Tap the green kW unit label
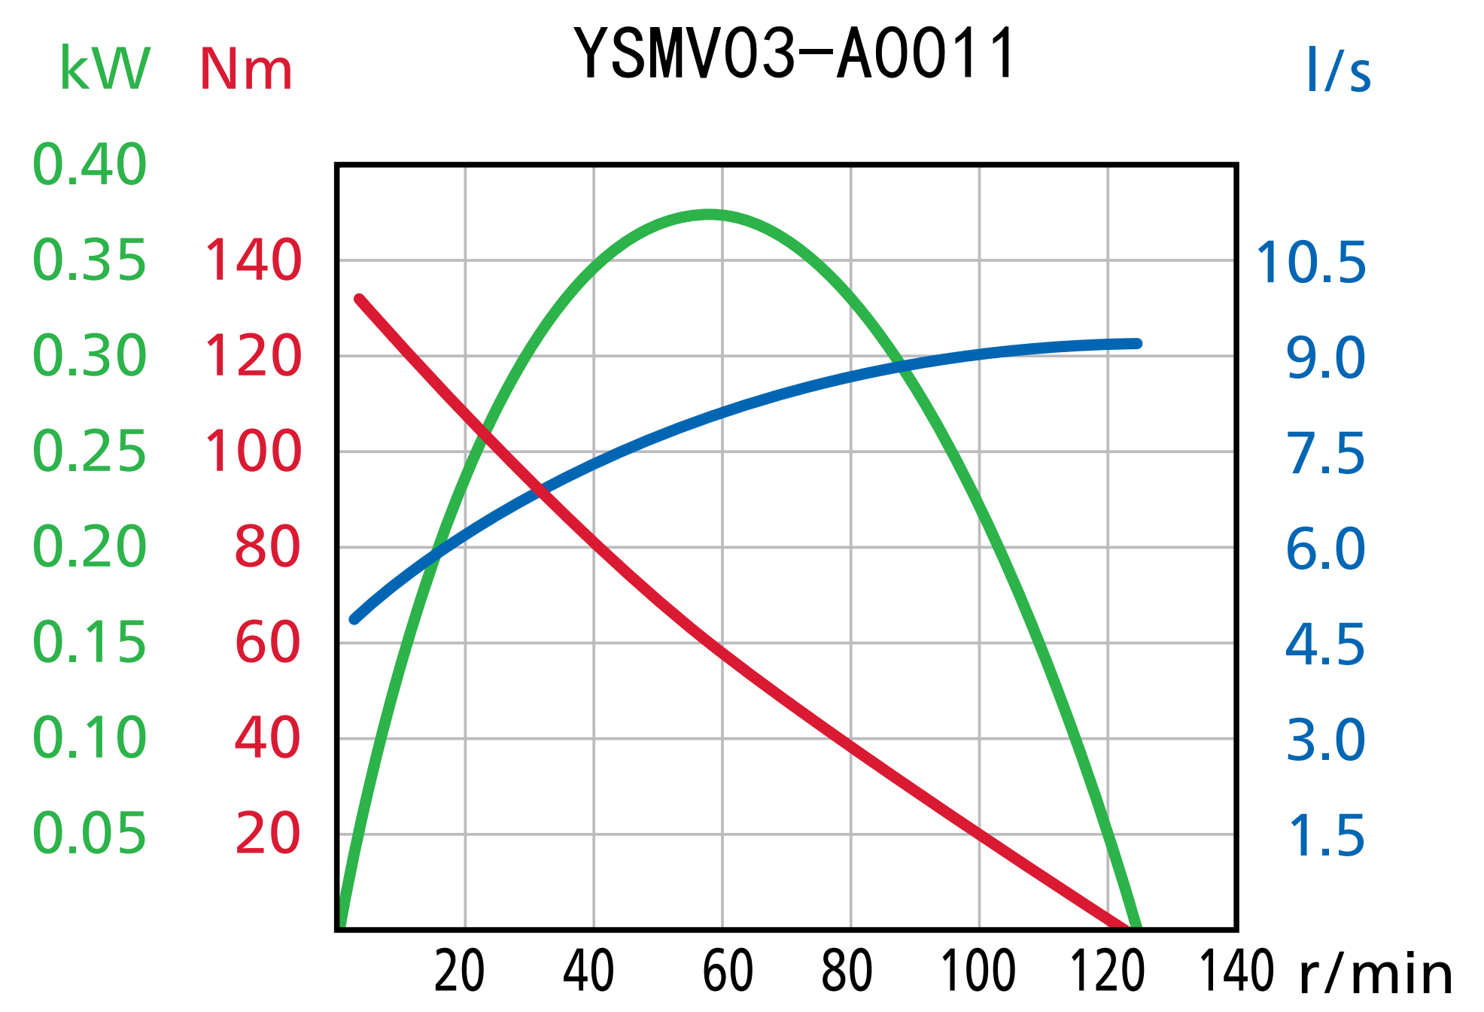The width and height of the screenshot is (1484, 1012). (105, 69)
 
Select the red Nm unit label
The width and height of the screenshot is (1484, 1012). (245, 70)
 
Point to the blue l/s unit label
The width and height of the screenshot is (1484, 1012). (1339, 71)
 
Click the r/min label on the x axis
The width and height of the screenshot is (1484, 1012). (1376, 974)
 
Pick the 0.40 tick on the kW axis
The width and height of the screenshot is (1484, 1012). (90, 164)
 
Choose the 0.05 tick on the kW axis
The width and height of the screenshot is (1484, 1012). (90, 834)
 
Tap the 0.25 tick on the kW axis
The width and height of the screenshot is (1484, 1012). (90, 451)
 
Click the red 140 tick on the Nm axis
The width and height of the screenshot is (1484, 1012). (253, 260)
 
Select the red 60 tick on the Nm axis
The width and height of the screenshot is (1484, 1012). (268, 643)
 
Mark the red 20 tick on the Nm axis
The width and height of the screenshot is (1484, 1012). (268, 834)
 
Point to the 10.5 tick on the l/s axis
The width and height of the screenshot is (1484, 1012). (1311, 263)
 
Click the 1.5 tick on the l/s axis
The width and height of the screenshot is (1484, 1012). (1326, 836)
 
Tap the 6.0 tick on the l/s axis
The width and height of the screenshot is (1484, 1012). (1325, 549)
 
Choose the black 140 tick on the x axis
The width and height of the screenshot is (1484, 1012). (1236, 971)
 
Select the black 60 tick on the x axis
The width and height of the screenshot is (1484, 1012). (728, 971)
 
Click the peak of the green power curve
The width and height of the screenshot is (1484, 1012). (710, 214)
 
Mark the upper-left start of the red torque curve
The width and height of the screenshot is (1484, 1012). (359, 299)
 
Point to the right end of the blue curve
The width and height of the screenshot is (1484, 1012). (1138, 343)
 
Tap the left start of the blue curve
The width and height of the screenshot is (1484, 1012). (354, 619)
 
